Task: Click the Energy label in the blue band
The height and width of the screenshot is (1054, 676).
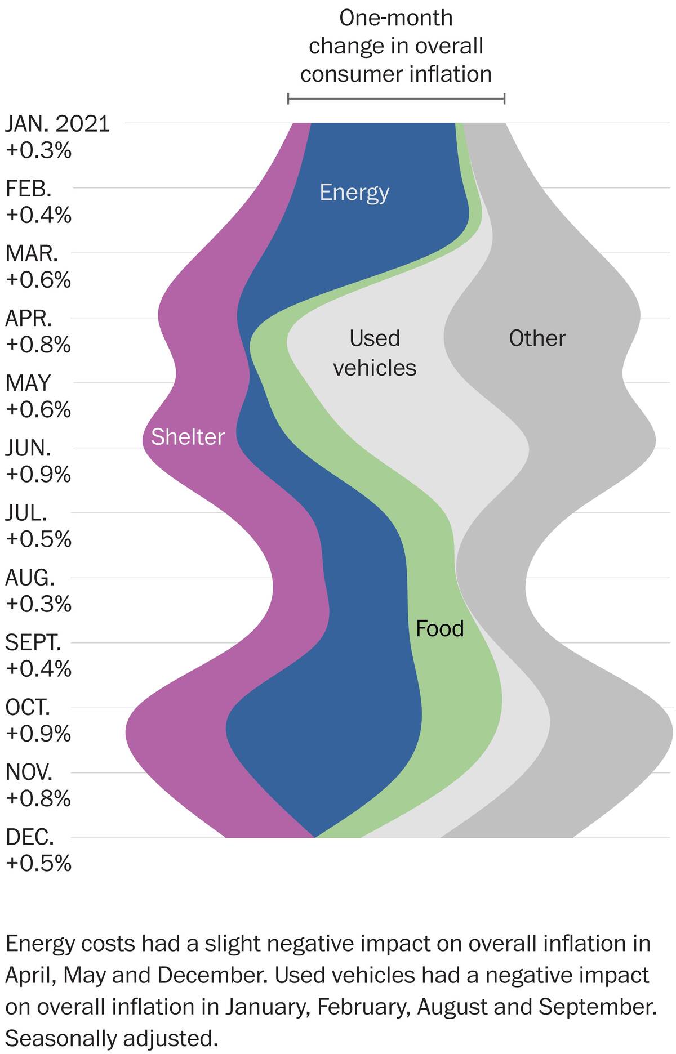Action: coord(354,193)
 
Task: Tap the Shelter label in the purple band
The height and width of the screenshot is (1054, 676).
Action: coord(188,437)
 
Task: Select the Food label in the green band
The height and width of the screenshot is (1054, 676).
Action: coord(439,628)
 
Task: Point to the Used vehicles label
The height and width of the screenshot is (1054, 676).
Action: coord(375,353)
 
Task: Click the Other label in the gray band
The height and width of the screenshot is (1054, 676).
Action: coord(537,338)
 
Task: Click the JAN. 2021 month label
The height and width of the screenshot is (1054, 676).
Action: coord(57,124)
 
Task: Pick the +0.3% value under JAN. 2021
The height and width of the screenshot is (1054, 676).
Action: coord(38,150)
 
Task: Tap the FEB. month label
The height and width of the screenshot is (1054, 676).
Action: coord(28,189)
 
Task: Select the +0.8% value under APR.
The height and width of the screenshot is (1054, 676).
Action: coord(38,345)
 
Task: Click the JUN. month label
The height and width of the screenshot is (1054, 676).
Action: coord(28,448)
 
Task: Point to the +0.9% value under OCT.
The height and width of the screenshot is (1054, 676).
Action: coord(38,734)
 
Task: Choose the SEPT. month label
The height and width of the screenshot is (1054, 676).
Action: coord(33,642)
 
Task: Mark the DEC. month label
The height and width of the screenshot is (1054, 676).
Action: coord(30,837)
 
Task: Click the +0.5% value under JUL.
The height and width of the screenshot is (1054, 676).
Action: coord(38,539)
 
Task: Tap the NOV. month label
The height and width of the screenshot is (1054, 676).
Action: coord(29,772)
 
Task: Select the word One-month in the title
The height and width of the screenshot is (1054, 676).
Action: coord(395,18)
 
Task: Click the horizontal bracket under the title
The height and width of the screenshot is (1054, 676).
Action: coord(396,99)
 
